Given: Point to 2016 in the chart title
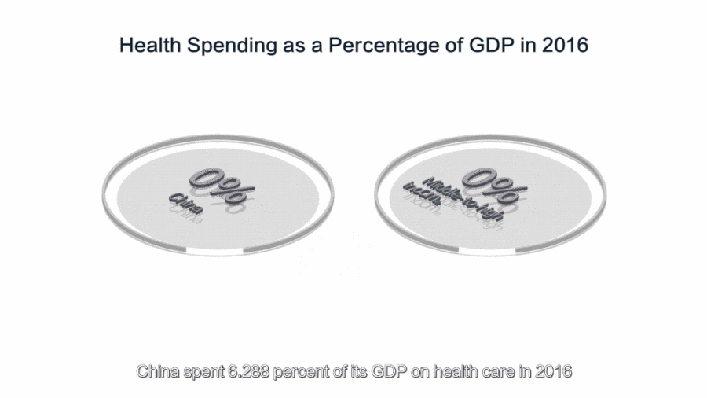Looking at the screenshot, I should click(563, 45).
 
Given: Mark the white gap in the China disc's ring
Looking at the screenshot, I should click(214, 250).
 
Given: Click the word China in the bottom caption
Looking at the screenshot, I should click(156, 370).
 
